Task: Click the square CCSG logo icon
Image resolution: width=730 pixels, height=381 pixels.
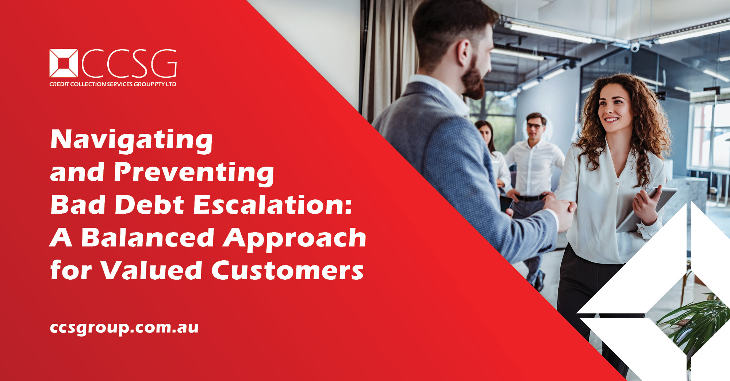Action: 64,63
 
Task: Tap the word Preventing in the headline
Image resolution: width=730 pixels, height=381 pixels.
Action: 194,173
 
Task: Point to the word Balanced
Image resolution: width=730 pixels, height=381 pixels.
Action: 147,238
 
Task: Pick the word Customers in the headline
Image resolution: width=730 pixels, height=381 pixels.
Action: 288,270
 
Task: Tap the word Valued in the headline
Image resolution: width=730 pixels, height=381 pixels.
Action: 151,270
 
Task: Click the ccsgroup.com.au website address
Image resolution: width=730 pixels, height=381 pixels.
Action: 124,328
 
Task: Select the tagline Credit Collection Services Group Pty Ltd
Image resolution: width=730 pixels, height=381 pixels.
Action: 113,84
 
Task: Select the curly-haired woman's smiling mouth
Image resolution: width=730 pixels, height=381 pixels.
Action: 611,119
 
